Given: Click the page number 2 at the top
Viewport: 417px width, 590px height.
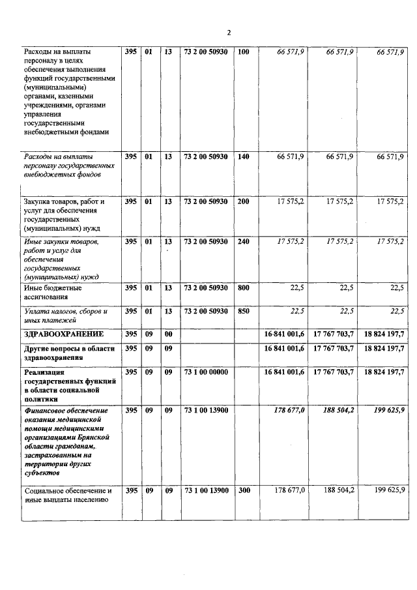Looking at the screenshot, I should click(x=229, y=33).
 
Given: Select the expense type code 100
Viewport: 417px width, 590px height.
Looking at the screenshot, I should click(x=244, y=51).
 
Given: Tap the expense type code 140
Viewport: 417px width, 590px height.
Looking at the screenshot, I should click(x=244, y=157).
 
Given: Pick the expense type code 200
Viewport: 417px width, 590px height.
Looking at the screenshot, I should click(x=244, y=201).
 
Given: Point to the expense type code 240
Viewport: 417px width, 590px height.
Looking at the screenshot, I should click(x=244, y=242).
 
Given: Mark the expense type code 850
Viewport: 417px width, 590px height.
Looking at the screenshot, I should click(x=244, y=311).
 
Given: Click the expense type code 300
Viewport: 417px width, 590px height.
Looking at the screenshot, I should click(x=244, y=490).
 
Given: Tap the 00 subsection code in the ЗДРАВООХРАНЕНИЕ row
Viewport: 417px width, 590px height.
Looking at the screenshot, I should click(x=167, y=334).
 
